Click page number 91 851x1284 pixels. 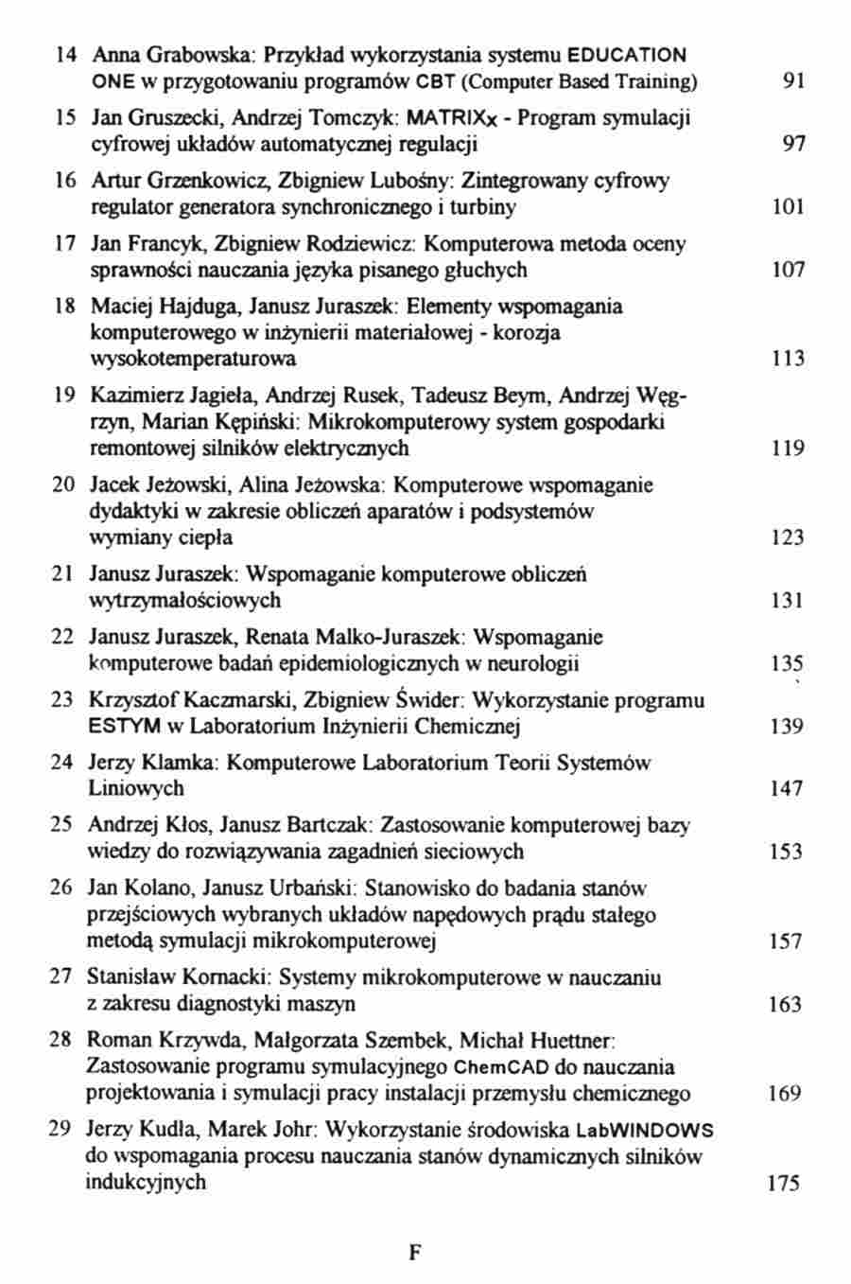tap(793, 81)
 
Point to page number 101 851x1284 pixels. tap(788, 207)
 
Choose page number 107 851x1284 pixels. tap(788, 271)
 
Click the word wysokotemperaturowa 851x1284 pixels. tap(193, 359)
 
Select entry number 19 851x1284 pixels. tap(63, 396)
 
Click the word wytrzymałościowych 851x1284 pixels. tap(184, 600)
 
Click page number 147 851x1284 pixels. tap(787, 789)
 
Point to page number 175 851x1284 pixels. tap(784, 1183)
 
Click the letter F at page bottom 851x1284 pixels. tap(414, 1253)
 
